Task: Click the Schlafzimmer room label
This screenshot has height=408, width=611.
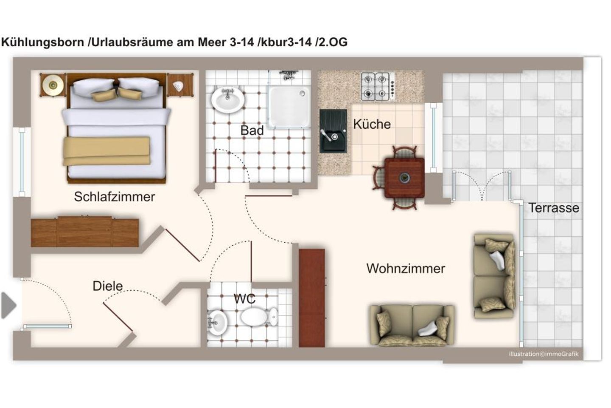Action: coord(114,197)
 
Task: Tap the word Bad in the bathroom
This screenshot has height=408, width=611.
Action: coord(252,130)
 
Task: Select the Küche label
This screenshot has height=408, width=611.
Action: coord(372,124)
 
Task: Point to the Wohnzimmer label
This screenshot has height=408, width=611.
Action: coord(406,269)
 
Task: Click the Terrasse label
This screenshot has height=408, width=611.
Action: coord(553,208)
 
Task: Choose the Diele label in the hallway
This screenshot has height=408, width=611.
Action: coord(107,286)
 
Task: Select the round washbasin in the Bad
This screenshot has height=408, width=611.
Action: coord(227,99)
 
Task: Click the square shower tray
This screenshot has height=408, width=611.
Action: coord(289,106)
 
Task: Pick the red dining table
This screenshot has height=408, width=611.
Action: coord(404,178)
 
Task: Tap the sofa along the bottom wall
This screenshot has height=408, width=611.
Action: coord(412,325)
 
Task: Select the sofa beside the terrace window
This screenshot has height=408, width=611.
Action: coord(495,276)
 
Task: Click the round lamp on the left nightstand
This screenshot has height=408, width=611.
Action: coord(53,85)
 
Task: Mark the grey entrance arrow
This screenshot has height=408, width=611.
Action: coord(8,305)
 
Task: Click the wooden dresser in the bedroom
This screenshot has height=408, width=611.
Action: coord(85,232)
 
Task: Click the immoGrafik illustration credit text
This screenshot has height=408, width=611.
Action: coord(543,354)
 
